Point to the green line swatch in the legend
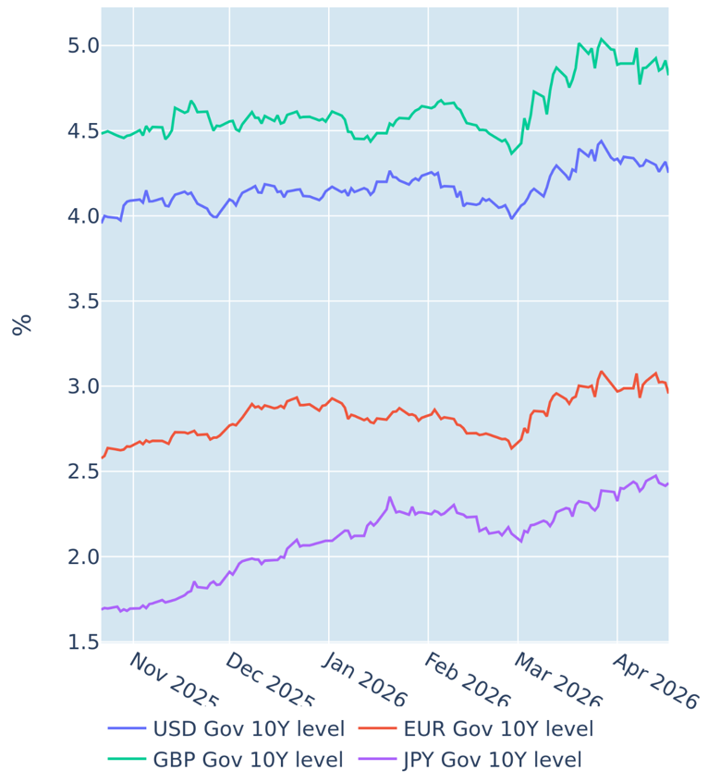click(126, 760)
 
